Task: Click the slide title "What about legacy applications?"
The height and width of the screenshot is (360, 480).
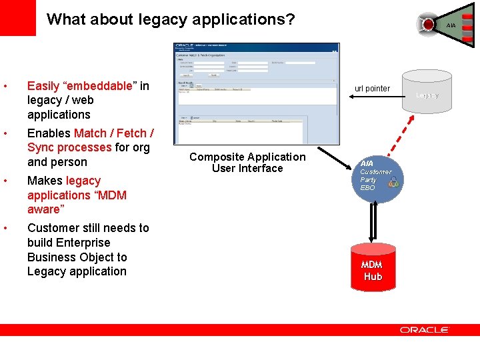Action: [x=171, y=19]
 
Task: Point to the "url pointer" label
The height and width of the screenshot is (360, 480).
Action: [x=372, y=89]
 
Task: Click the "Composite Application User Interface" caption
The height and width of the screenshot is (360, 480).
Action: [x=247, y=163]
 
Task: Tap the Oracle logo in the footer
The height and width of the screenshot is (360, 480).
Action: [x=425, y=329]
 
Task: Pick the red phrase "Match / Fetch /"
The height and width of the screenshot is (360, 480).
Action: [x=114, y=133]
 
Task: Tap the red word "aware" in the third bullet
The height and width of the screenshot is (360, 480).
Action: [x=43, y=209]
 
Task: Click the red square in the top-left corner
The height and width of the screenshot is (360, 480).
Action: [x=17, y=17]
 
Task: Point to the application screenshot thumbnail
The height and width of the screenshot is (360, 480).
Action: [x=256, y=93]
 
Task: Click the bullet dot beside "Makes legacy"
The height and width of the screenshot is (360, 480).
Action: [x=5, y=181]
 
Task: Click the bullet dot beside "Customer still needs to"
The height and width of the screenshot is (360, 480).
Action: [x=5, y=229]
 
